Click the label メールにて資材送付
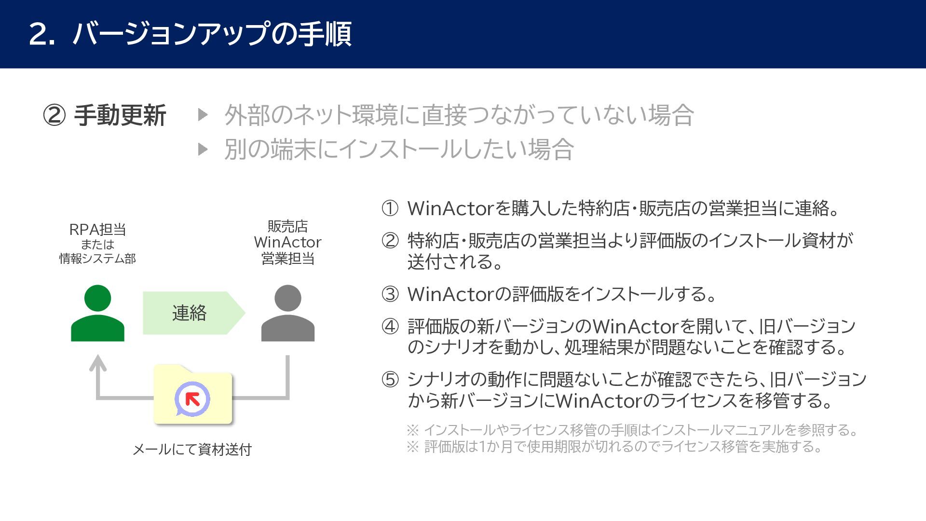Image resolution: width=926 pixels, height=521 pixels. (x=192, y=450)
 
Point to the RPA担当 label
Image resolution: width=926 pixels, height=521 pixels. (x=97, y=229)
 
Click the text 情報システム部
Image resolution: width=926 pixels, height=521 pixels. (x=97, y=259)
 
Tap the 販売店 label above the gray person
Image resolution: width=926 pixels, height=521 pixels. (x=287, y=226)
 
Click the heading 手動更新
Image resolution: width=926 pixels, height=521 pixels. (x=120, y=116)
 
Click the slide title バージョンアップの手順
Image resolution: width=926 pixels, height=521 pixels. (x=212, y=34)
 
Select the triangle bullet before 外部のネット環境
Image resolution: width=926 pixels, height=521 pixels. (x=203, y=115)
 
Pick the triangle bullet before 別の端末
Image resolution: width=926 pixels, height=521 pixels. (x=203, y=149)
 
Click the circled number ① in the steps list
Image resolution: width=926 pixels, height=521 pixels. (x=390, y=208)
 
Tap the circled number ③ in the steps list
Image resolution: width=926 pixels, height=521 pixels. (x=390, y=294)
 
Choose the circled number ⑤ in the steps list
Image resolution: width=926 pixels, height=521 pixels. (x=390, y=380)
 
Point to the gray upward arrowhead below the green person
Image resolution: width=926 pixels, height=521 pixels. (x=98, y=362)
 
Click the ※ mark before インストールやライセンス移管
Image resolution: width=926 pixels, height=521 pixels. (x=412, y=430)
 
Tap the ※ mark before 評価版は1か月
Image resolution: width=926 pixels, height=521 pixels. (x=412, y=447)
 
